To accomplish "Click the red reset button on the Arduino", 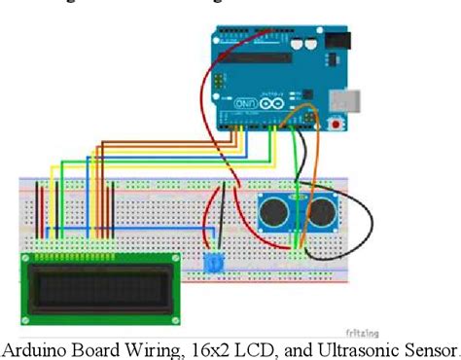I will point(337,124).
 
